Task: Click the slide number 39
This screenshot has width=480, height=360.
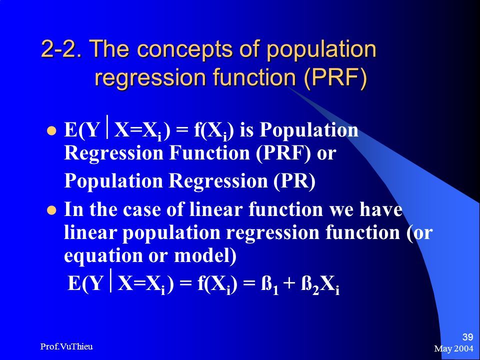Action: coord(467,337)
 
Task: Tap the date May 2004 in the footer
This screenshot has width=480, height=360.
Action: coord(453,348)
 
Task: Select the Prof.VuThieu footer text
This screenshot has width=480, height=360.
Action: coord(66,346)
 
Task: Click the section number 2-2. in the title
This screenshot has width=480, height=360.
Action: coord(61,48)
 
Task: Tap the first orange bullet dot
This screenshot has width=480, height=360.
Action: coord(51,131)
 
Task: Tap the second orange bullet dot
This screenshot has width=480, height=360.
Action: coord(51,210)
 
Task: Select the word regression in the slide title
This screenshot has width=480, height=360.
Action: coord(150,78)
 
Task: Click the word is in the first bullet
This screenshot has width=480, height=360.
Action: coord(246,130)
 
